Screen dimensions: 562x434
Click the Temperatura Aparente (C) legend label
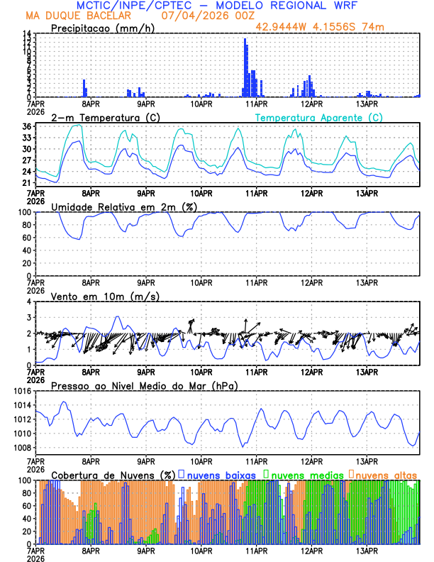pos(318,117)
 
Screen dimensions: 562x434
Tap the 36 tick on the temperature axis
pos(26,126)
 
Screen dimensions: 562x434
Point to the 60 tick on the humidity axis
pos(26,238)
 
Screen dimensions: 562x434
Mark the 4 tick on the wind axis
pos(29,302)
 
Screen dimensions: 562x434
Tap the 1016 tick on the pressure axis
pos(22,391)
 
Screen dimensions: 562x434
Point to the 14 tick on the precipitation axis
pos(26,33)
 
